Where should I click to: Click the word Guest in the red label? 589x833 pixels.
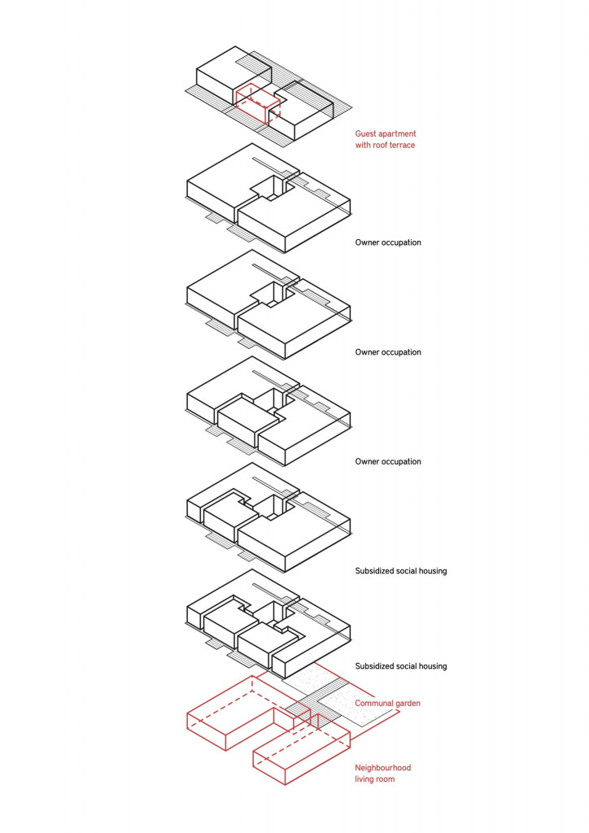365,134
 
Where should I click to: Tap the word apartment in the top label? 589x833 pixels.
397,134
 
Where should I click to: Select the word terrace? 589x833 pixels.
402,145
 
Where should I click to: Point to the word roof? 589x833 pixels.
380,145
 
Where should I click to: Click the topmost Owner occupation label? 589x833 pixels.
388,242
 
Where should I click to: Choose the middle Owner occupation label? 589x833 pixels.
388,352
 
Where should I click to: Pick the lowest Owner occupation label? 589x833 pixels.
388,462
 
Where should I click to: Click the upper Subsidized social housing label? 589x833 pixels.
401,571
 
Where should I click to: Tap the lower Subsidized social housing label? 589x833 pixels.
401,666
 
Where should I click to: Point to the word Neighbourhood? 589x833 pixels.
383,768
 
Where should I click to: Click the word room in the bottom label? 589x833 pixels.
385,780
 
